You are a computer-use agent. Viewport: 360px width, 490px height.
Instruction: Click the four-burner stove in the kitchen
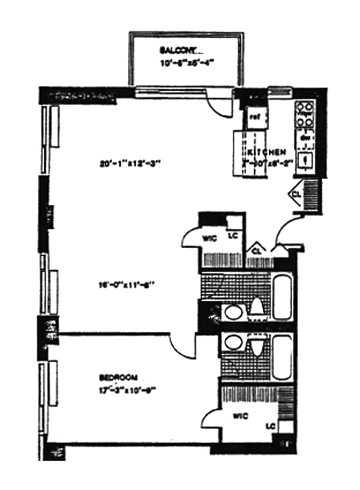[305, 114]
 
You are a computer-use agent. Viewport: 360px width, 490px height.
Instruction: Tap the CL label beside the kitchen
[297, 194]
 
